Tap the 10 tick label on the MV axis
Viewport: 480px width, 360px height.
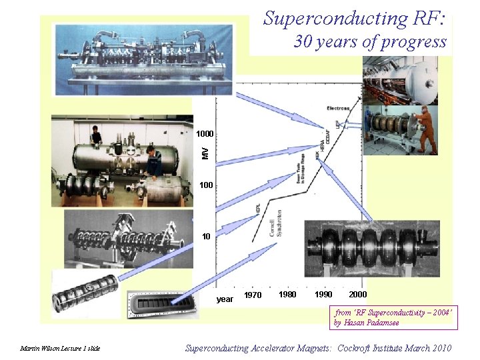[x=207, y=236]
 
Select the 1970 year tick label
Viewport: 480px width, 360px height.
[x=253, y=295]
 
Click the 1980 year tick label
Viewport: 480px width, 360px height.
[x=287, y=295]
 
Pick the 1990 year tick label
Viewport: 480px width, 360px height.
[x=323, y=295]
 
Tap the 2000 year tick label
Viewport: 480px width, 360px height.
[x=357, y=295]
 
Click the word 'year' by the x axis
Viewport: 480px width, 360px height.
[x=225, y=299]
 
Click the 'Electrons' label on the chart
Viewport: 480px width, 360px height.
[x=338, y=108]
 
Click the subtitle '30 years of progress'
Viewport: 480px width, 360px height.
[x=370, y=42]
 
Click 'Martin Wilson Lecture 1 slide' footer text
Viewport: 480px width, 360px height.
[x=60, y=349]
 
